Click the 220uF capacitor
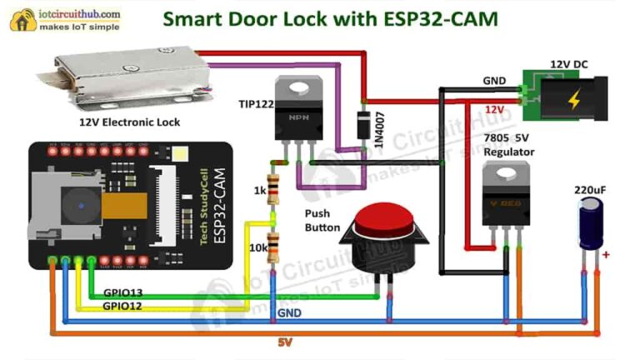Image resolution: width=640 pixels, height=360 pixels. click(x=591, y=223)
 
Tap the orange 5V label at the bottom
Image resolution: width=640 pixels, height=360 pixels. click(x=286, y=342)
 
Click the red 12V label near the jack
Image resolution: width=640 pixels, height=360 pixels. click(x=494, y=109)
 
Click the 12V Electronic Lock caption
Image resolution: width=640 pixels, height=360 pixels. click(x=129, y=122)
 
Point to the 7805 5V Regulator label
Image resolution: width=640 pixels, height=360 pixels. click(x=508, y=146)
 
